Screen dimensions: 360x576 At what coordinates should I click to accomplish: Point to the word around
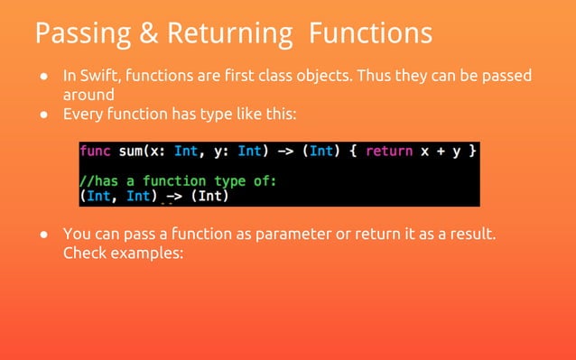[88, 95]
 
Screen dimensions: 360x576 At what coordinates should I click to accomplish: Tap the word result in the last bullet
[471, 235]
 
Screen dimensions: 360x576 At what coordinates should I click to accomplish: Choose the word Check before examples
[86, 254]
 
